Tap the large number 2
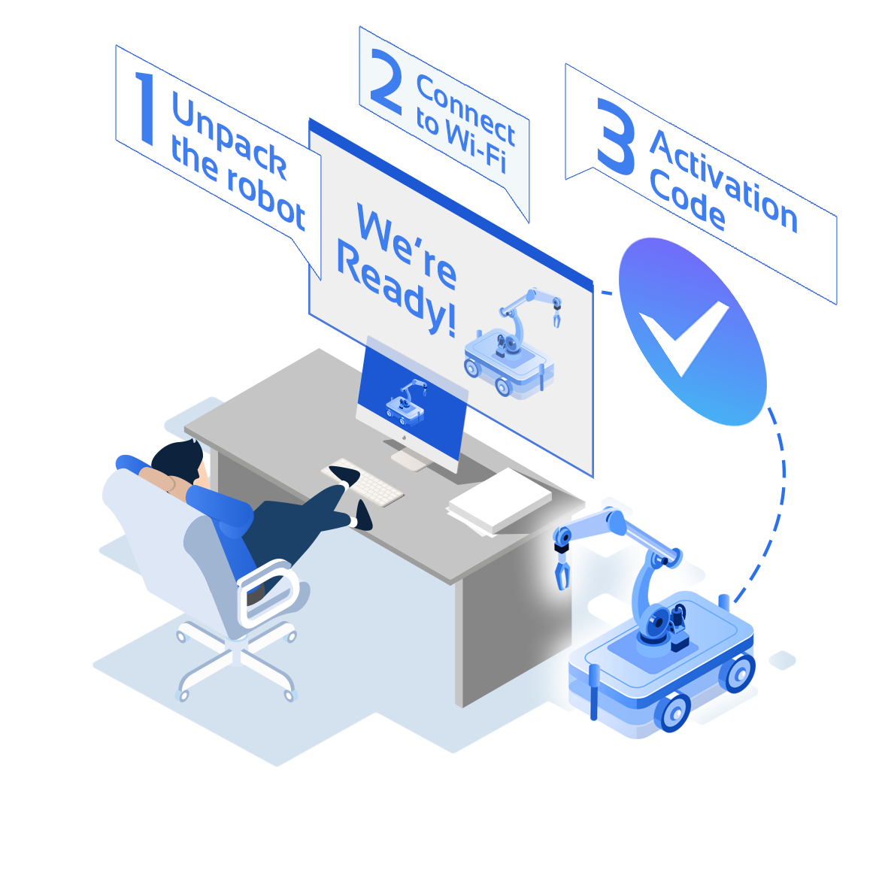tap(386, 81)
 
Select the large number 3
tap(616, 137)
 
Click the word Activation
tap(724, 181)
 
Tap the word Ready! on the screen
tap(396, 287)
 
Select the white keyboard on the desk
tap(362, 482)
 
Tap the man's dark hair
tap(177, 459)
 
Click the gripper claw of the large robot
tap(561, 570)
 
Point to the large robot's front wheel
tap(674, 713)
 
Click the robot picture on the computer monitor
tap(405, 402)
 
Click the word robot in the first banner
tap(266, 200)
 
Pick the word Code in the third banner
tap(687, 200)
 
